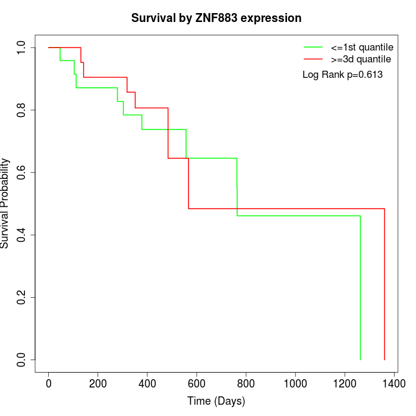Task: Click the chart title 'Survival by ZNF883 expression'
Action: (216, 18)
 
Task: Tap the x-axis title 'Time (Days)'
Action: (216, 401)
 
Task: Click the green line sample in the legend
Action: (313, 46)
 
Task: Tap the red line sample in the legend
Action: (313, 59)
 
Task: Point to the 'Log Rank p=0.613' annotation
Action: (343, 75)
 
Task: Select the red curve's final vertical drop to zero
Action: (385, 285)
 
